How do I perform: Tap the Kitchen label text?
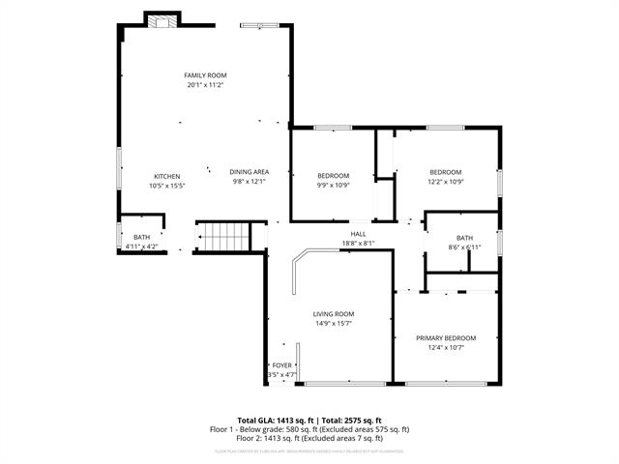click(167, 176)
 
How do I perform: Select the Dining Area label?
click(249, 172)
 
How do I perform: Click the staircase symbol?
click(222, 235)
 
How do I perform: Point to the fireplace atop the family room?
click(162, 20)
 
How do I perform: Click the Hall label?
click(358, 234)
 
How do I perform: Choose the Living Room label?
click(334, 314)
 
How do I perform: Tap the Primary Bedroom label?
click(446, 338)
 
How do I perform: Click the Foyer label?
click(280, 365)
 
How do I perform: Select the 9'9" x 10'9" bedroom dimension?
click(334, 185)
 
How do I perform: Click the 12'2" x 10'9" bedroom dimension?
click(446, 181)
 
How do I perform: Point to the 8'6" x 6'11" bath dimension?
click(465, 246)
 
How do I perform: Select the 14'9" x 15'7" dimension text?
click(334, 324)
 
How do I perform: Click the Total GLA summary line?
click(309, 420)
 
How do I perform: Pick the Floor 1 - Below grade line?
click(309, 428)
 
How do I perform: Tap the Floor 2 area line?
click(309, 438)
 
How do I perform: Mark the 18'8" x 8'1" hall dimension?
click(358, 243)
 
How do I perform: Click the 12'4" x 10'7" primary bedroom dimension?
click(446, 348)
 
